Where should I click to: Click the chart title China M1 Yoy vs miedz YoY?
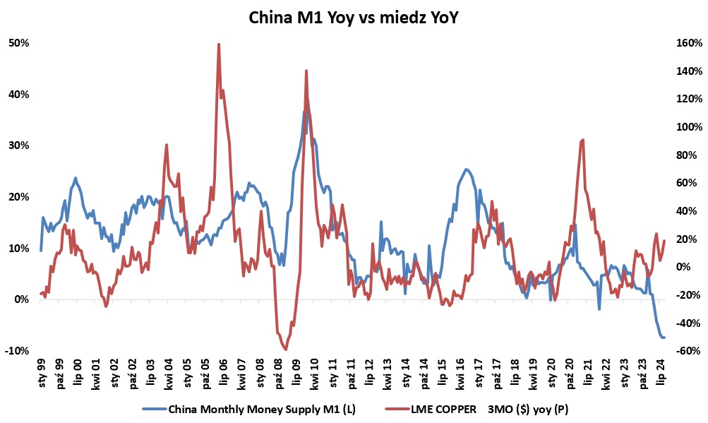354,18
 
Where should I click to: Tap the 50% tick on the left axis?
19,43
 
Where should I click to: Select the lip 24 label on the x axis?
662,371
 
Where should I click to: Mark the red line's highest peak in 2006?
219,44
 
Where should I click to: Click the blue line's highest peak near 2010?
305,112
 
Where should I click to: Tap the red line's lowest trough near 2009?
285,349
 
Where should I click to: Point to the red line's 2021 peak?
582,140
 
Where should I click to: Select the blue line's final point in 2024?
664,338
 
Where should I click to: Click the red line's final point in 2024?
664,241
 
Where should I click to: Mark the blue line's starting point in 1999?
41,250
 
